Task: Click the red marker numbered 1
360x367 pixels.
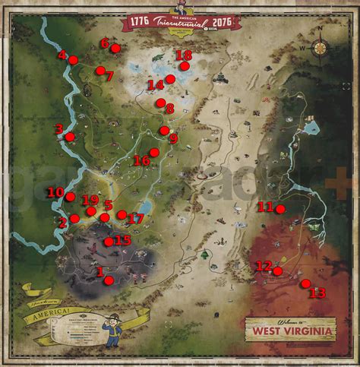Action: pyautogui.click(x=109, y=280)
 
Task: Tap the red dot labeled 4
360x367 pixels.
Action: pyautogui.click(x=73, y=59)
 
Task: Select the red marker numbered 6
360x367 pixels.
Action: pyautogui.click(x=115, y=49)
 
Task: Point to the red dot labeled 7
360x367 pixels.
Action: pyautogui.click(x=100, y=71)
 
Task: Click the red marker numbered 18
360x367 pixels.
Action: pyautogui.click(x=185, y=66)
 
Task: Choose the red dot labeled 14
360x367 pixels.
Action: pyautogui.click(x=171, y=79)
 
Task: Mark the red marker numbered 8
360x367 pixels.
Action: pyautogui.click(x=160, y=103)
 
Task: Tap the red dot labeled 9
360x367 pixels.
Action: pyautogui.click(x=164, y=131)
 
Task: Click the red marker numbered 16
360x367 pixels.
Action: pyautogui.click(x=154, y=152)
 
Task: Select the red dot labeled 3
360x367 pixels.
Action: pyautogui.click(x=70, y=137)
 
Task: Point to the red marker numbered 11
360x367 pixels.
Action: pyautogui.click(x=280, y=209)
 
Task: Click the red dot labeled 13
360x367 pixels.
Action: pyautogui.click(x=306, y=283)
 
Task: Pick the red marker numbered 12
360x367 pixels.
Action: pyautogui.click(x=278, y=271)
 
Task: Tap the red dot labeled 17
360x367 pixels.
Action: pyautogui.click(x=122, y=215)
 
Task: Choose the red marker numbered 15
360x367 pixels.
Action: pyautogui.click(x=109, y=242)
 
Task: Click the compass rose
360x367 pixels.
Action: pyautogui.click(x=320, y=47)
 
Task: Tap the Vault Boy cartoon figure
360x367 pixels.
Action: pyautogui.click(x=113, y=328)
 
